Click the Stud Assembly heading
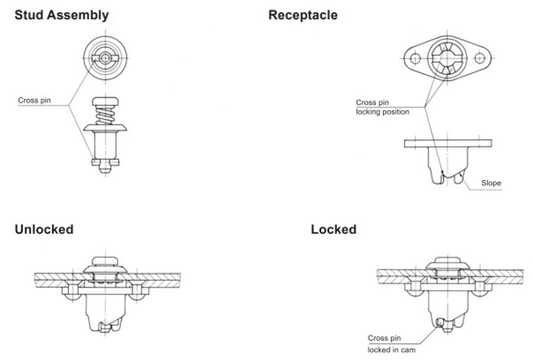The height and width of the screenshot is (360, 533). pos(61,14)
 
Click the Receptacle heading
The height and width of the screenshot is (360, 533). pos(303,14)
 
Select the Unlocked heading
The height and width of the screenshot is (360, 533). pos(44,229)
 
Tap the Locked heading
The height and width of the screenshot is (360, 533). pos(334,229)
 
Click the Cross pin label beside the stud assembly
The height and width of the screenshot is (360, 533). pos(34,101)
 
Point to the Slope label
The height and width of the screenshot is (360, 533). pos(491,183)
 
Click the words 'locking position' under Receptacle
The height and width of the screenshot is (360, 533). pos(383,112)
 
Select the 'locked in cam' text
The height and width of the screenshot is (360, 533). pos(391,350)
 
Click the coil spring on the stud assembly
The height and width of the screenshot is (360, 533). pos(105,117)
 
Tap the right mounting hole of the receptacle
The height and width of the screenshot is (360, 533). pos(480,58)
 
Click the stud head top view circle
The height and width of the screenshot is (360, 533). pos(105,58)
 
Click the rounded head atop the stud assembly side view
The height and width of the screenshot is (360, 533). pos(105,101)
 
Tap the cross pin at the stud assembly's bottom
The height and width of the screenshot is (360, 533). pos(105,161)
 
